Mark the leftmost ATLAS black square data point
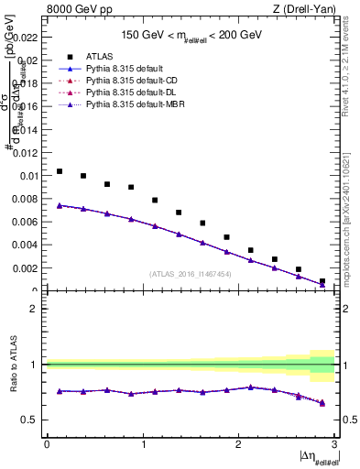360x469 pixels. tap(60, 171)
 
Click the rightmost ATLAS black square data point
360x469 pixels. tap(322, 281)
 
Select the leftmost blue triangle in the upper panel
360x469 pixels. tap(60, 205)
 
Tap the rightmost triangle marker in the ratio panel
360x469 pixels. tap(322, 402)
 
